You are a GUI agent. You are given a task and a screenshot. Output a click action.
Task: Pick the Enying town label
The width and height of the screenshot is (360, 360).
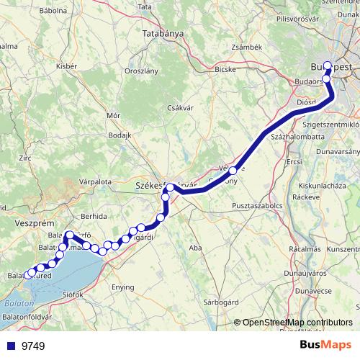pos(122,287)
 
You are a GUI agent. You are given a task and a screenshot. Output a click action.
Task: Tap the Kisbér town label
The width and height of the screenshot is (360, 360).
pos(66,66)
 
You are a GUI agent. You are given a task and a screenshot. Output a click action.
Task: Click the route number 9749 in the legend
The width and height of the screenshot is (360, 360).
pos(33,346)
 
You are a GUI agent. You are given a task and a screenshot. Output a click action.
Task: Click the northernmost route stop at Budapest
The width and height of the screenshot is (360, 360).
pos(328,65)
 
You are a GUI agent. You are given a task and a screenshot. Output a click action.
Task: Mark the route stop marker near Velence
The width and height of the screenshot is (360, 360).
pos(233,171)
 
